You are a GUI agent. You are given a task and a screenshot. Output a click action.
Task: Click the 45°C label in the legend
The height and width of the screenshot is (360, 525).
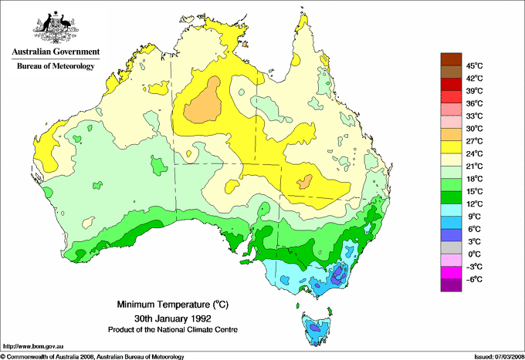(x=474, y=66)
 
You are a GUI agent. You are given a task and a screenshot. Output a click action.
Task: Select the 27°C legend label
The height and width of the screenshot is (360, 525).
(x=474, y=141)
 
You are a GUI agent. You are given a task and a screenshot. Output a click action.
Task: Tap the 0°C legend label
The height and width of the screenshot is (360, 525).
(x=474, y=254)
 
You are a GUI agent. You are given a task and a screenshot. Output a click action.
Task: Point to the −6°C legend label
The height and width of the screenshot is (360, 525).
(x=474, y=279)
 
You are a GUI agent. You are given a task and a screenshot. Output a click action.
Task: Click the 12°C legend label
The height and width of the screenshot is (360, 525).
(x=474, y=204)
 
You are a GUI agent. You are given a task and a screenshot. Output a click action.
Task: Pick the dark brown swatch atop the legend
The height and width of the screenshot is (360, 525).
(x=450, y=59)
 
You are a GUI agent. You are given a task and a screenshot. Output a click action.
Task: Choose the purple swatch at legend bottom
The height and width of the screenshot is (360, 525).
(x=450, y=285)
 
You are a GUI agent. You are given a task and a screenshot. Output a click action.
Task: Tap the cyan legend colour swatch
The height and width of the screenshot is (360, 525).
(x=450, y=210)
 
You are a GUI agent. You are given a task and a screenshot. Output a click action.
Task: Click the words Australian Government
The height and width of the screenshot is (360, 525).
(x=56, y=52)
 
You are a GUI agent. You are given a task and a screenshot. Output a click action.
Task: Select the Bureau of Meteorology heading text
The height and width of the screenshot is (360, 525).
(x=56, y=66)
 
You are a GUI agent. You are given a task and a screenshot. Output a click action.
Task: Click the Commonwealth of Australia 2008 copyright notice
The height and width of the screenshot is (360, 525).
(x=93, y=356)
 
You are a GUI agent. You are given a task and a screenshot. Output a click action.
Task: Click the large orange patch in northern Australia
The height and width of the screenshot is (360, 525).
(x=205, y=103)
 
